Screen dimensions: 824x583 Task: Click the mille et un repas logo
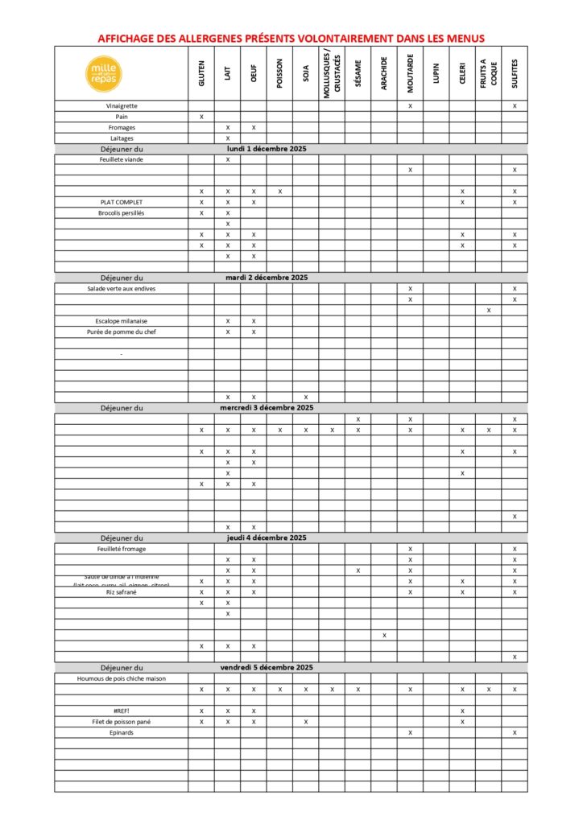[104, 73]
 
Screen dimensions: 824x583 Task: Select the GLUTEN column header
[201, 74]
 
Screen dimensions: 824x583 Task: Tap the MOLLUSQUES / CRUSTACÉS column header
[332, 74]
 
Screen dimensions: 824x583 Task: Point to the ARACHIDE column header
[384, 74]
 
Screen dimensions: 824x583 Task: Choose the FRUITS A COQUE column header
[488, 74]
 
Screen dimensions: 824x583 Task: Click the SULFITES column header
[515, 74]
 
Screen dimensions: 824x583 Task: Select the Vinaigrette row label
[122, 106]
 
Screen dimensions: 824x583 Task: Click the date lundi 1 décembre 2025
[266, 149]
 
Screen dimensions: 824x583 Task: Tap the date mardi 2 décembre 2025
[266, 278]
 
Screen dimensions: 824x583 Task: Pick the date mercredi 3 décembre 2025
[266, 408]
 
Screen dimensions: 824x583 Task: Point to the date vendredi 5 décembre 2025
[266, 668]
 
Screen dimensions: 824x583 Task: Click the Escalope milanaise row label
[122, 321]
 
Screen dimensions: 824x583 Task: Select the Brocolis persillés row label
[122, 213]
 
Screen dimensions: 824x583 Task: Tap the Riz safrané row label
[122, 592]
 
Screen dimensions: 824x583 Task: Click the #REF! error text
[122, 711]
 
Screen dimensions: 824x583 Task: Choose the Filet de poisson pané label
[122, 722]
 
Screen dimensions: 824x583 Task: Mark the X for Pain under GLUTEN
[201, 117]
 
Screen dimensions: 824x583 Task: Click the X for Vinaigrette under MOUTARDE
[410, 106]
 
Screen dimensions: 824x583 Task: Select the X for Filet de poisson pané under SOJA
[306, 722]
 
